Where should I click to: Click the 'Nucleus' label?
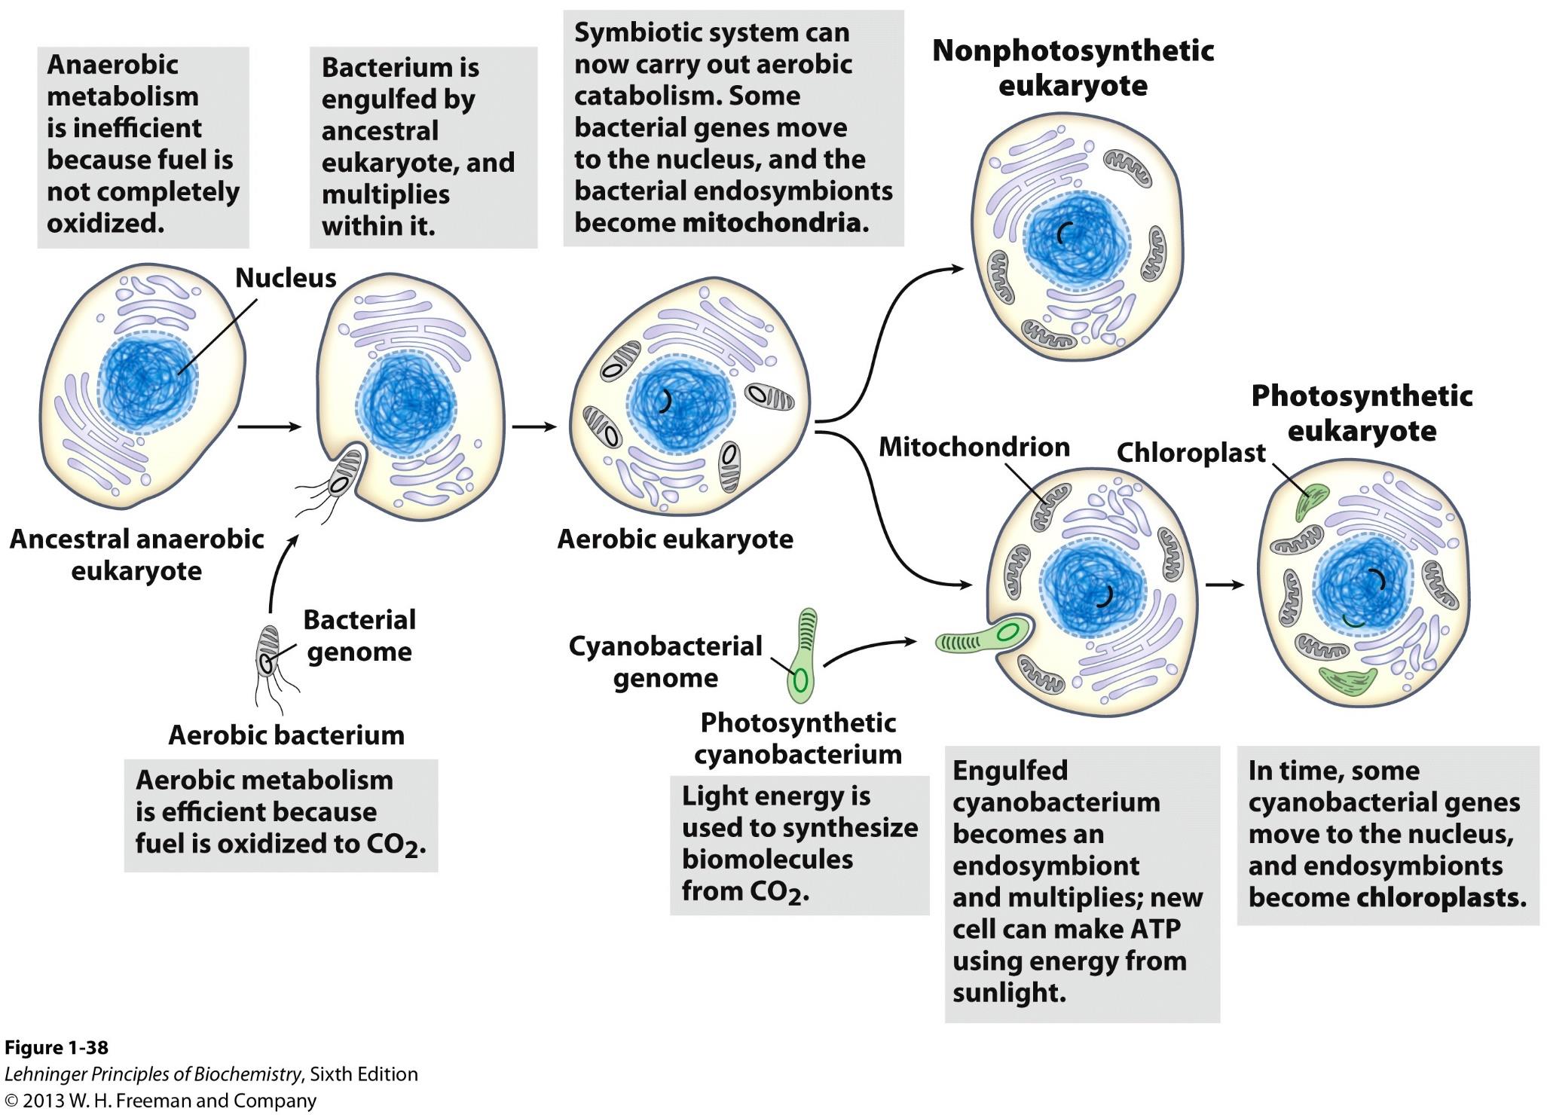(286, 278)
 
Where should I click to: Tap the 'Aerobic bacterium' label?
(286, 735)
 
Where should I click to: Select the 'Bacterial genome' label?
(359, 635)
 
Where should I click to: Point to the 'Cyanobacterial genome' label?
(665, 661)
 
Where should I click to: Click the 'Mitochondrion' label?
(974, 447)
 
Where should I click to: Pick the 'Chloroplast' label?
(1191, 453)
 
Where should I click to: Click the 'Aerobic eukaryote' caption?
(675, 539)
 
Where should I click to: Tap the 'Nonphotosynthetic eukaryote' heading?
(1073, 68)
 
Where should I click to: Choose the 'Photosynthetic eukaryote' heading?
(1362, 413)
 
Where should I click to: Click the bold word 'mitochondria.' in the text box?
(775, 223)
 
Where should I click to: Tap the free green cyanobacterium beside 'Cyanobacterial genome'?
(803, 655)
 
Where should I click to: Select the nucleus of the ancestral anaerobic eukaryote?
(147, 383)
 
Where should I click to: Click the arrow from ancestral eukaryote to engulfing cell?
(269, 426)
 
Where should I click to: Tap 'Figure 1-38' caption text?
(57, 1048)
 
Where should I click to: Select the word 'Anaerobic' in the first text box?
(112, 65)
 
